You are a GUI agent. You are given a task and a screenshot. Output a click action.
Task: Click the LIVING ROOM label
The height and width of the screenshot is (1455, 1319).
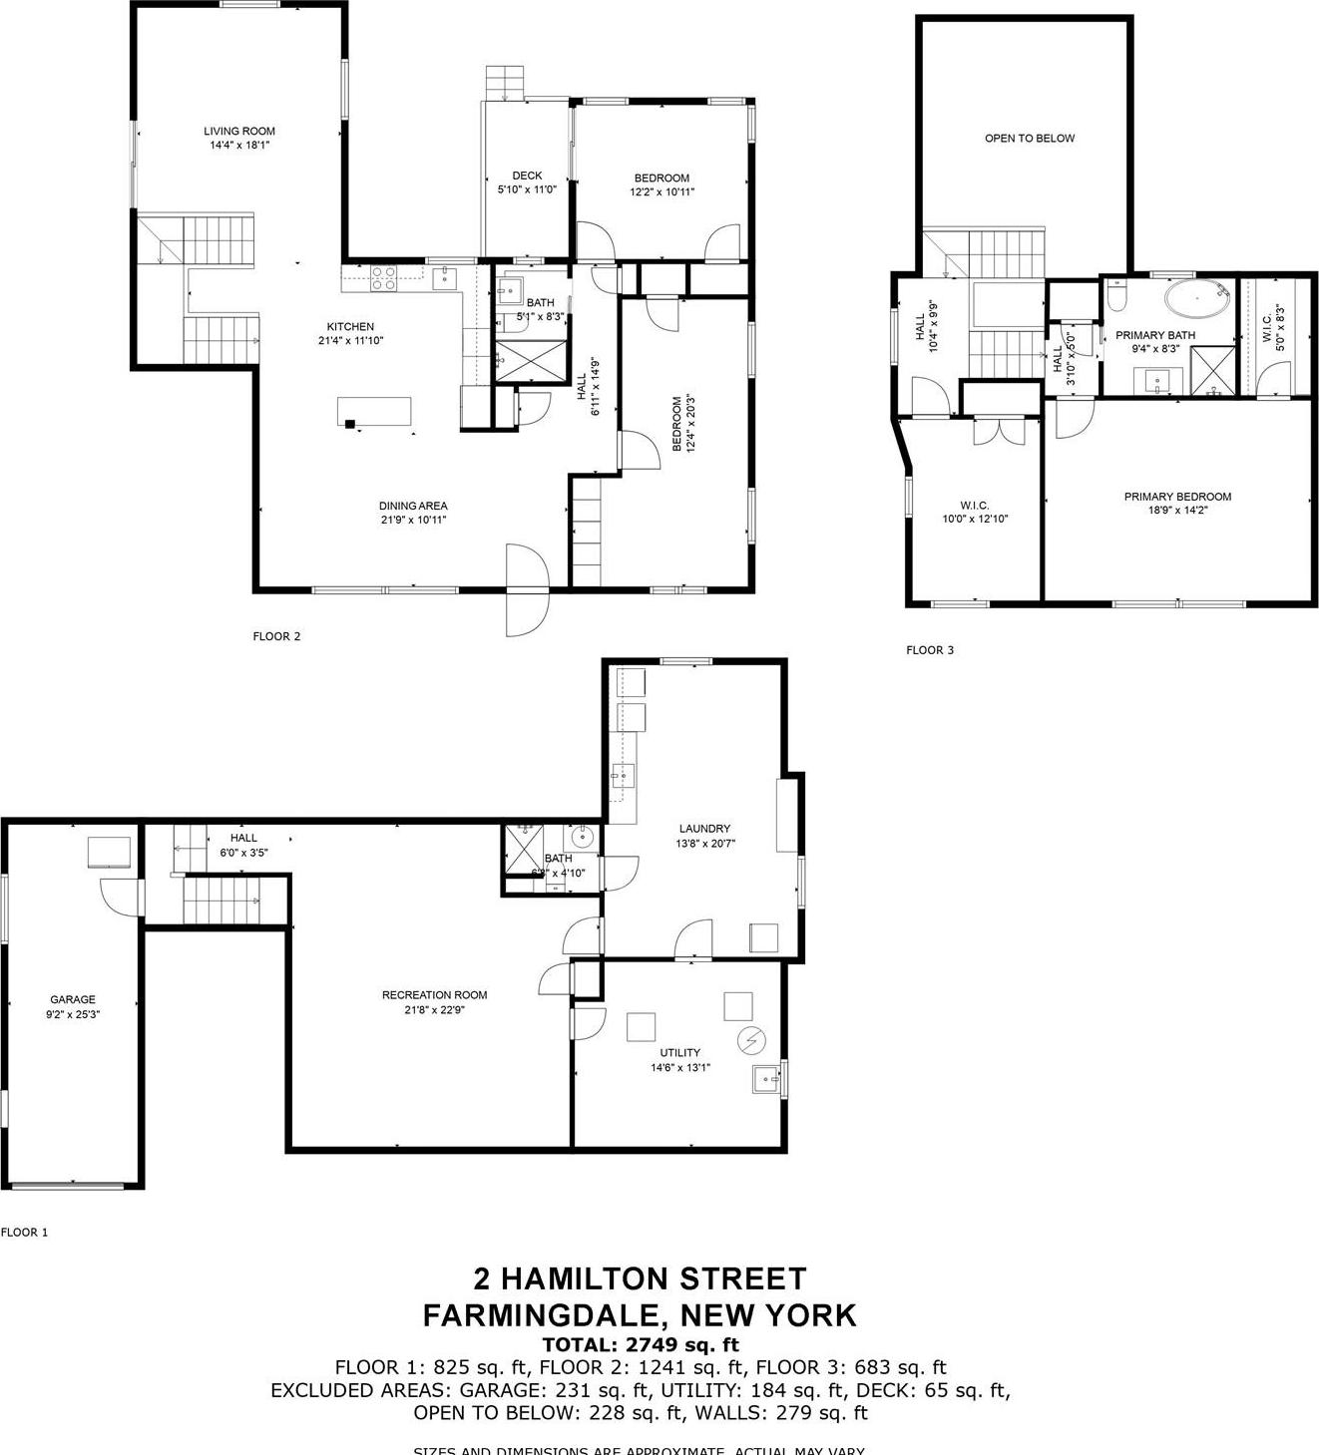[239, 131]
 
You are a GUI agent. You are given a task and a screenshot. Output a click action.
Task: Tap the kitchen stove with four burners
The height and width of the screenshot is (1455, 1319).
[384, 278]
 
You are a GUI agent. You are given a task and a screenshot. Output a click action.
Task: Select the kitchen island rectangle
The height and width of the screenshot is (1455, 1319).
[374, 411]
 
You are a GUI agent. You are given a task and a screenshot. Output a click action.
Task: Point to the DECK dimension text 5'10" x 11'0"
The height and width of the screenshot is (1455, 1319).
[527, 188]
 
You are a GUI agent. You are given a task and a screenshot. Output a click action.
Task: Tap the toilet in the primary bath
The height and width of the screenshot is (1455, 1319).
[1116, 296]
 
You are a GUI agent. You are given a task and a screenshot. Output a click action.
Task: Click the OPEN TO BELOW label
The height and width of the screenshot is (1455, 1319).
[1030, 139]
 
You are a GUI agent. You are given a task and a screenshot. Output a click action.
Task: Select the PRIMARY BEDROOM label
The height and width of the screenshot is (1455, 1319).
[1177, 497]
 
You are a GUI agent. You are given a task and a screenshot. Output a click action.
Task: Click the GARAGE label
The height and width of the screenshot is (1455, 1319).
[73, 999]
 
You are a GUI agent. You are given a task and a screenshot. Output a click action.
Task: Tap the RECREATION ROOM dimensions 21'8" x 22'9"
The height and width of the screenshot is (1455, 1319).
[435, 1009]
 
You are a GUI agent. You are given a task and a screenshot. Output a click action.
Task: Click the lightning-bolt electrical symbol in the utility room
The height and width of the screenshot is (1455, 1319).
[749, 1041]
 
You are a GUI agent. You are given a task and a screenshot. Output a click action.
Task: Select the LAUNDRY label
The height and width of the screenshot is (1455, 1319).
[704, 829]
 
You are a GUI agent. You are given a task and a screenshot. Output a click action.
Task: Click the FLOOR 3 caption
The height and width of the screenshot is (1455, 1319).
[930, 650]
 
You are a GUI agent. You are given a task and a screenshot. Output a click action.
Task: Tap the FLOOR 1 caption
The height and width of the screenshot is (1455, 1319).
[24, 1233]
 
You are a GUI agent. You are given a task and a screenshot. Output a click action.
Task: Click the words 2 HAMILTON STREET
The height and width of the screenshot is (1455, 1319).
[640, 1278]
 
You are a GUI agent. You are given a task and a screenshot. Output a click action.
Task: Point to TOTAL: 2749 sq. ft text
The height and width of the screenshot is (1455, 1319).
[640, 1344]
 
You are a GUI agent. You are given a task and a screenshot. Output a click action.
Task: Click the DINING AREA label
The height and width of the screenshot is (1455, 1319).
[413, 506]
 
